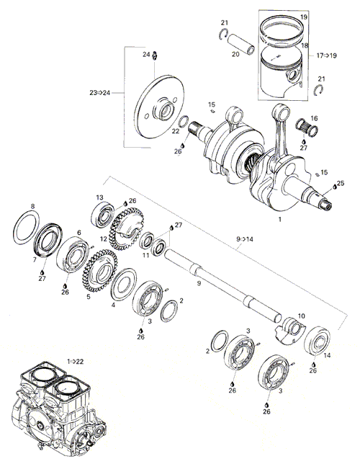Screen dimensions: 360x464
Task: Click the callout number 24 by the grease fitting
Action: tap(146, 55)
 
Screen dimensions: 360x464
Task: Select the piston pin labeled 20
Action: tap(240, 44)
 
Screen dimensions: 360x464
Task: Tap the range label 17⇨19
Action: tap(327, 55)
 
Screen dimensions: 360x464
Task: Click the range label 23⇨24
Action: tap(99, 93)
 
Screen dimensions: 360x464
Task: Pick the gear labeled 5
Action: tap(99, 270)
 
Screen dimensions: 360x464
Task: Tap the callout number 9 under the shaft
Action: tap(199, 283)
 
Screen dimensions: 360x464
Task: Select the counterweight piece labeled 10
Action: tap(290, 331)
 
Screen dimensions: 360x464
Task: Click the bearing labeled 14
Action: tap(317, 341)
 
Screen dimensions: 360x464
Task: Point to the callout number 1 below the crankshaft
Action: tap(279, 219)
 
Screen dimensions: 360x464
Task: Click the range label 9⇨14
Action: tap(245, 239)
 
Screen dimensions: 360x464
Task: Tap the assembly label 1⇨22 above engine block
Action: tap(76, 361)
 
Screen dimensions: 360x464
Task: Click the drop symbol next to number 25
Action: tap(335, 187)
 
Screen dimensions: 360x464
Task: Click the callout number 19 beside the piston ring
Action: tap(304, 17)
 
